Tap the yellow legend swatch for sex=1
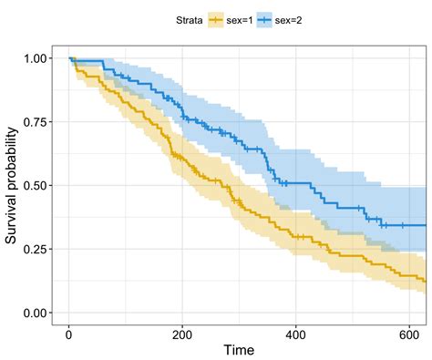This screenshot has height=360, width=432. (215, 17)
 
